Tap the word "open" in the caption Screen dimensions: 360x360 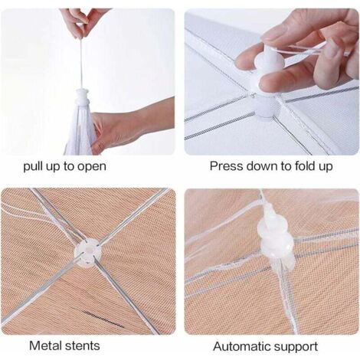point(92,166)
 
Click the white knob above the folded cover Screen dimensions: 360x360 point(83,98)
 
